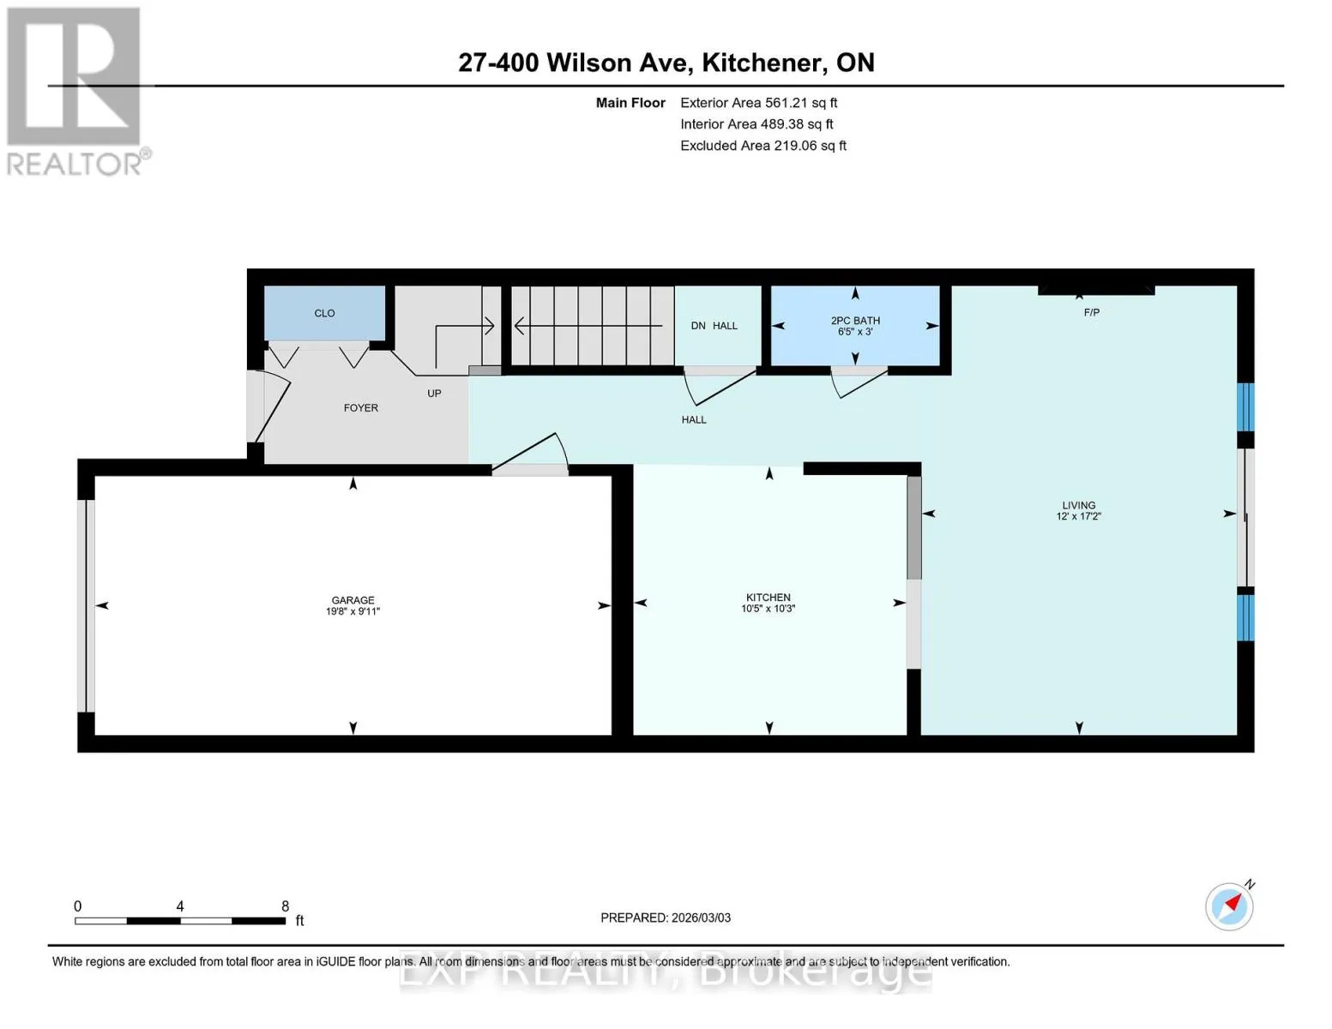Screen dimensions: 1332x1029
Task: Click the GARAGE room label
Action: click(x=353, y=600)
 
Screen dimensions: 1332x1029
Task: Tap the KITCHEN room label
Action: click(x=768, y=597)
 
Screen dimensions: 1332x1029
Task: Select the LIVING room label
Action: click(x=1079, y=505)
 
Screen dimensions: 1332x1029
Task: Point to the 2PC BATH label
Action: click(x=855, y=321)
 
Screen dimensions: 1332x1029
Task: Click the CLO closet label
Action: click(x=324, y=313)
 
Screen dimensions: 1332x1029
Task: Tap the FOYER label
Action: click(x=360, y=407)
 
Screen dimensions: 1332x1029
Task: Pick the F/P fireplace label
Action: click(x=1092, y=313)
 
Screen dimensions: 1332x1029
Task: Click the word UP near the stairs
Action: click(x=434, y=394)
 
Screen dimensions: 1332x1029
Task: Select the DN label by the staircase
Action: click(x=698, y=326)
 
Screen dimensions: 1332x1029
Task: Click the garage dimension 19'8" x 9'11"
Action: click(x=353, y=611)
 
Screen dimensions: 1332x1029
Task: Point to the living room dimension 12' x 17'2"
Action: click(x=1079, y=516)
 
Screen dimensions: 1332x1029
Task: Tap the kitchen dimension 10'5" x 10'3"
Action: click(x=768, y=609)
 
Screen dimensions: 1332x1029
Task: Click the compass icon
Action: click(x=1230, y=906)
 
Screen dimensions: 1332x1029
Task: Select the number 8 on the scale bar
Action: click(x=285, y=906)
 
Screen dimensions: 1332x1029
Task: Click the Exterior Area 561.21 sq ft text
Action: click(x=759, y=103)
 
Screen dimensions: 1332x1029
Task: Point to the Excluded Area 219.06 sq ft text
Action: click(x=763, y=146)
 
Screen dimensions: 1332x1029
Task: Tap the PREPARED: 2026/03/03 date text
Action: click(x=666, y=918)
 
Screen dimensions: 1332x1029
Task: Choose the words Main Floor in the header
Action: click(x=630, y=103)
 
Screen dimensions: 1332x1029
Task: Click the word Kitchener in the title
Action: click(x=762, y=63)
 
